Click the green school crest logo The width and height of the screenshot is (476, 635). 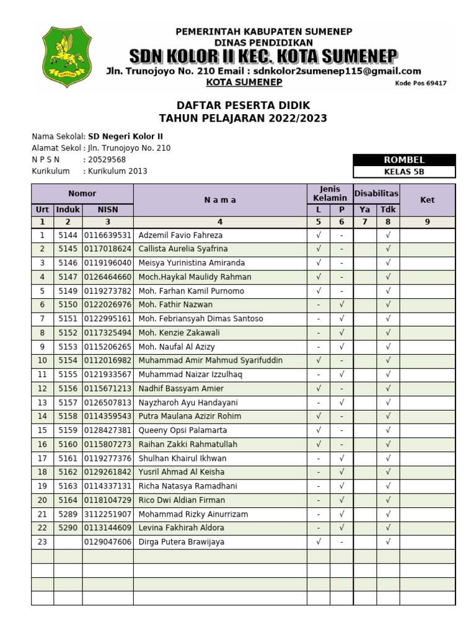tap(66, 56)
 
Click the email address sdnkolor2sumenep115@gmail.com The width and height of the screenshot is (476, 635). tap(337, 71)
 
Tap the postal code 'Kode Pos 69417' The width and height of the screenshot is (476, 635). tap(420, 83)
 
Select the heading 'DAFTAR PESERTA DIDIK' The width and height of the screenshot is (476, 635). tap(243, 105)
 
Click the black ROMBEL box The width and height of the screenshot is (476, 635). tap(403, 160)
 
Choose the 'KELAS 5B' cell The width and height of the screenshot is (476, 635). tap(403, 172)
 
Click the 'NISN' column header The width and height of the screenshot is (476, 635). tap(107, 210)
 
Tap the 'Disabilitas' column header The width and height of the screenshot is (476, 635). tap(376, 193)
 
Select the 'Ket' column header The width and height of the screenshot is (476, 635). tap(427, 200)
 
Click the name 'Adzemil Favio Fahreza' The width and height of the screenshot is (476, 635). tap(180, 235)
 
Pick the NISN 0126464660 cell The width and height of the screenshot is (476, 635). tap(107, 277)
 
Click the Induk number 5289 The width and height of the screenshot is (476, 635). tap(68, 514)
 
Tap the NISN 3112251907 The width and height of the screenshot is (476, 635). tap(107, 514)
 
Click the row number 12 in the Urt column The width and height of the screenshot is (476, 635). tap(42, 388)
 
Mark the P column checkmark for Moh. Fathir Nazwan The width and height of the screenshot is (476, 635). tap(342, 304)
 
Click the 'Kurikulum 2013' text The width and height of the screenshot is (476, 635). tap(117, 171)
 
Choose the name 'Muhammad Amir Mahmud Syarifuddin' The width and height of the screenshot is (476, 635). tap(210, 360)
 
